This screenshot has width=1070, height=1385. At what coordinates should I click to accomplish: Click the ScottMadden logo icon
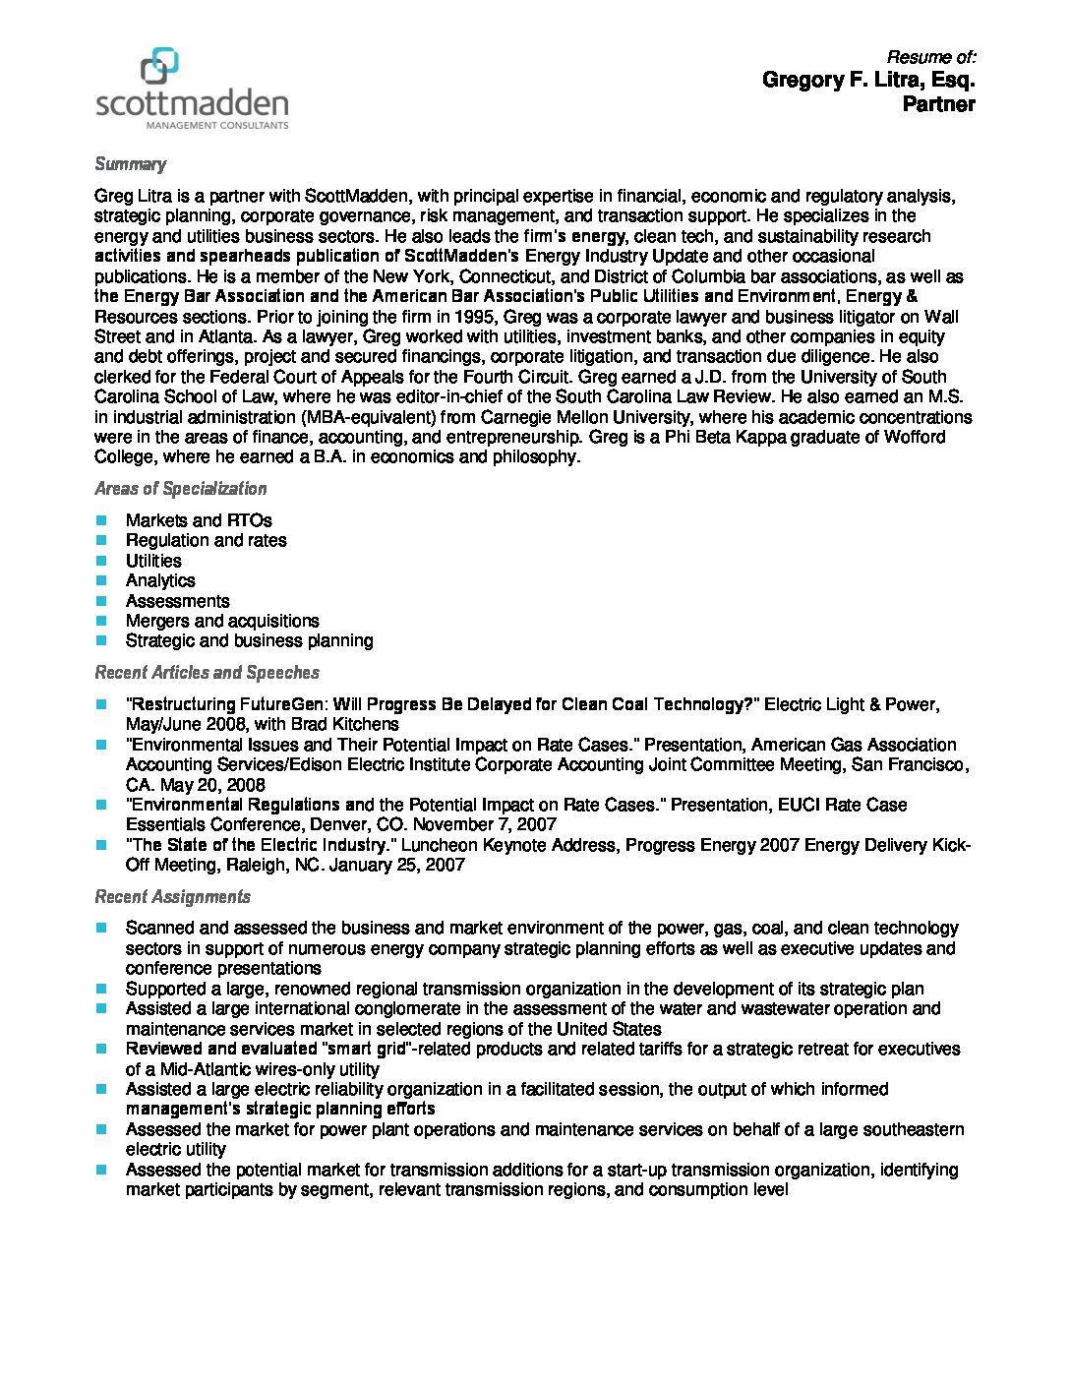(160, 66)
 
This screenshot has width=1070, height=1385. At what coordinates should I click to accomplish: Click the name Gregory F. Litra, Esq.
(868, 80)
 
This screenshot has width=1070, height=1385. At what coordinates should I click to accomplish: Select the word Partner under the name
(938, 104)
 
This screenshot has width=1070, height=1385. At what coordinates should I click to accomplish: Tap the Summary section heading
(130, 164)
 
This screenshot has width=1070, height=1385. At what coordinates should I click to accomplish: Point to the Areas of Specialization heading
(180, 489)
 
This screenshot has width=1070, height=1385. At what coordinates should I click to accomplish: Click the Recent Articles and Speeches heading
(207, 673)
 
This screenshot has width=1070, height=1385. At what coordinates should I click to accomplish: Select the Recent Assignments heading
(172, 897)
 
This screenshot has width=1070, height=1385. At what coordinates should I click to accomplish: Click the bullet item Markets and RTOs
(199, 520)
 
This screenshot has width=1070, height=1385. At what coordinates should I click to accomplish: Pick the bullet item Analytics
(160, 580)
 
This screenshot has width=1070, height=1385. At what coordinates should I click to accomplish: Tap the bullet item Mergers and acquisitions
(222, 621)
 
